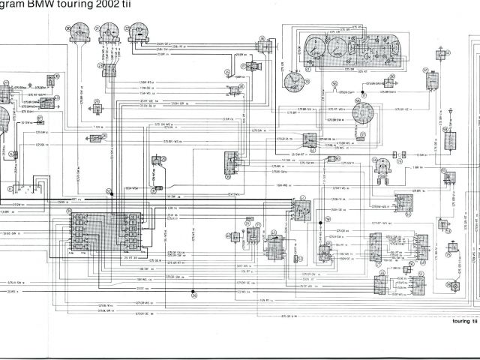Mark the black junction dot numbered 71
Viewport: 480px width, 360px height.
pyautogui.click(x=361, y=95)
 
